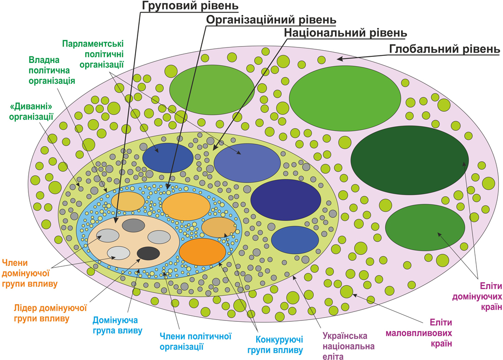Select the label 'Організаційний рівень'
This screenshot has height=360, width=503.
pos(271,20)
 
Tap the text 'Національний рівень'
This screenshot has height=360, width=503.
pos(345,34)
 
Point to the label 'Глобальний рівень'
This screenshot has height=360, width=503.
pos(444,49)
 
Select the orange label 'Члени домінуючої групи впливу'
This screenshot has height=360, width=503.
pos(30,273)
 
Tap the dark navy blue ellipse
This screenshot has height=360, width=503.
pos(285,199)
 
